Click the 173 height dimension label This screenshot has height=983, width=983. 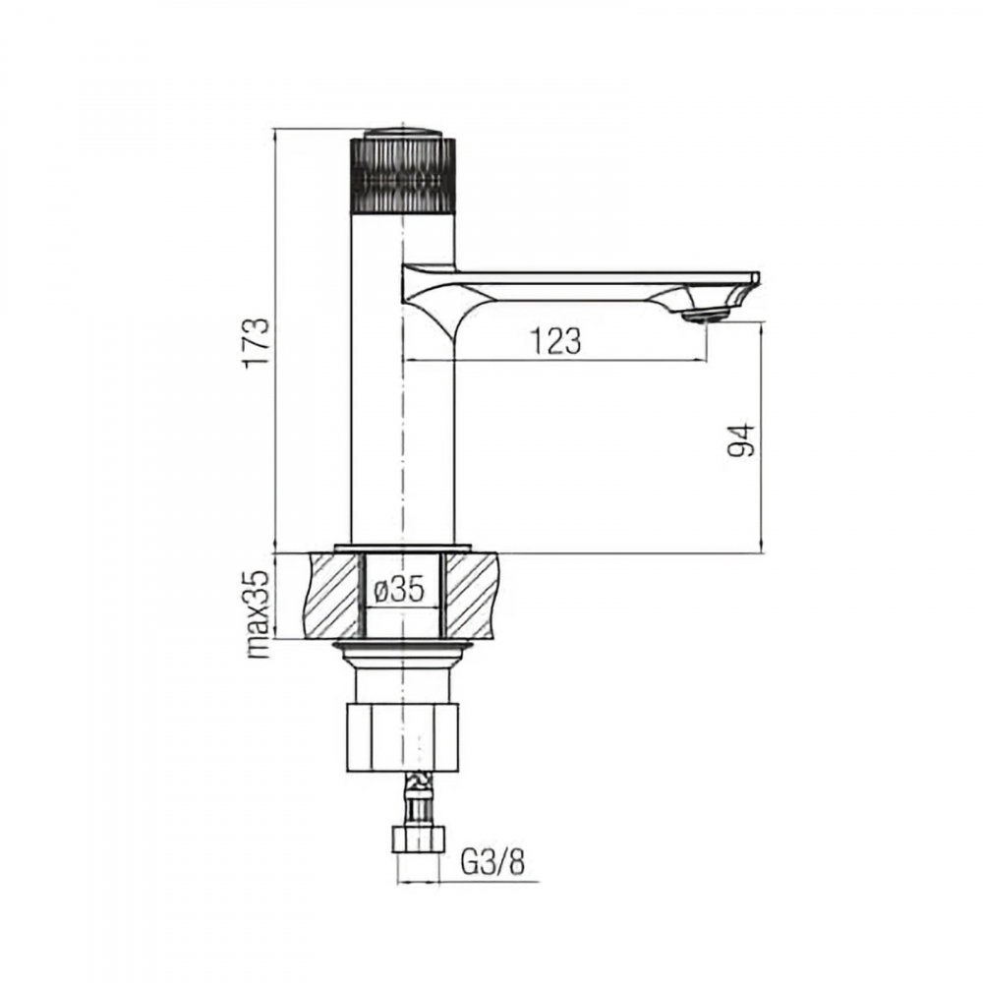[x=257, y=342]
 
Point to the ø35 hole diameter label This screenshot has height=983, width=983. [x=399, y=589]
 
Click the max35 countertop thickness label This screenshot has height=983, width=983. [x=259, y=613]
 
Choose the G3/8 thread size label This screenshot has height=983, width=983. [x=492, y=863]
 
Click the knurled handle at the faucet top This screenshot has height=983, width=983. [x=403, y=175]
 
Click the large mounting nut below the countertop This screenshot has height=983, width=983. [x=402, y=737]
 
